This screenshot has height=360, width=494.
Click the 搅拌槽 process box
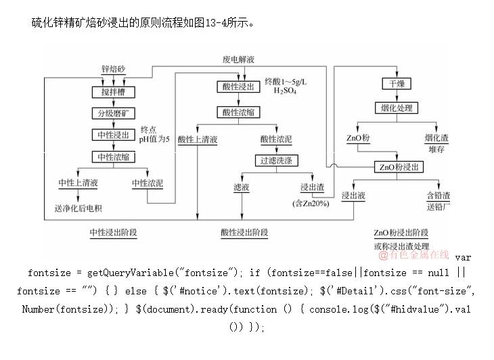coord(113,91)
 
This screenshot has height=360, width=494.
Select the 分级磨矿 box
coord(113,113)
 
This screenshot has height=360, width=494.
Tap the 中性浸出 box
coord(113,135)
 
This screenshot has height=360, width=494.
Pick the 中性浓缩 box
coord(113,156)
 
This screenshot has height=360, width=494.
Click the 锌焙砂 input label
coord(113,70)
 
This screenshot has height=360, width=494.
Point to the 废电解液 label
coord(239,60)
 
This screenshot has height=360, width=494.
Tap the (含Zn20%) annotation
coord(311,203)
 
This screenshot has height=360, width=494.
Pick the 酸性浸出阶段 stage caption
coord(244,232)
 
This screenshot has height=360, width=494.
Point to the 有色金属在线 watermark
coord(413,254)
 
